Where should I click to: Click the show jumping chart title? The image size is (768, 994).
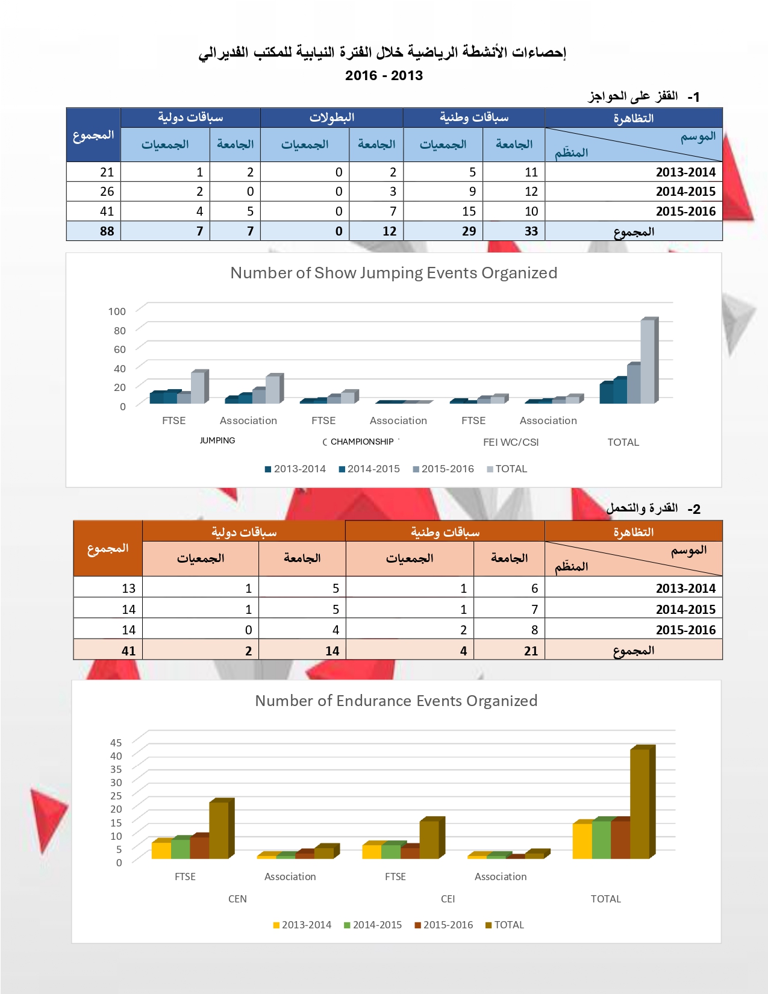point(393,273)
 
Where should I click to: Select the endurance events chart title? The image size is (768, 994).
point(396,701)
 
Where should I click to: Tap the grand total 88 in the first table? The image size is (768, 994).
point(107,231)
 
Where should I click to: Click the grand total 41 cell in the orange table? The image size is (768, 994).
point(128,651)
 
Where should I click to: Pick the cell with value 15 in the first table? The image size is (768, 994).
point(469,211)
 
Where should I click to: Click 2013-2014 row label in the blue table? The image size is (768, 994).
point(685,172)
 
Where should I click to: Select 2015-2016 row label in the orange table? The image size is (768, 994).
point(685,630)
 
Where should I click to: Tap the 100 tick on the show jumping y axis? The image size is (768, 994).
point(117,311)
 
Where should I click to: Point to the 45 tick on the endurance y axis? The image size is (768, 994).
point(116,743)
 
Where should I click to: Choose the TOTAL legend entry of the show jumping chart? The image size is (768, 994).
point(510,469)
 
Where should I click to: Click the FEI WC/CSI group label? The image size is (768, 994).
point(511,442)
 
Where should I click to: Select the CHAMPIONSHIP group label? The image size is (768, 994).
point(361,442)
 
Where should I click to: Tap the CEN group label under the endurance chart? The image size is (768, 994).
point(237,899)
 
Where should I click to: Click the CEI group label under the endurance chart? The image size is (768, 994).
point(448,899)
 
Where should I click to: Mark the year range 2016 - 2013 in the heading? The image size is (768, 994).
point(384,76)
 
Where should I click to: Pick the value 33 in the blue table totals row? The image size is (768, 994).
point(531,231)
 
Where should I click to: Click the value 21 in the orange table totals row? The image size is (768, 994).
point(531,651)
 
